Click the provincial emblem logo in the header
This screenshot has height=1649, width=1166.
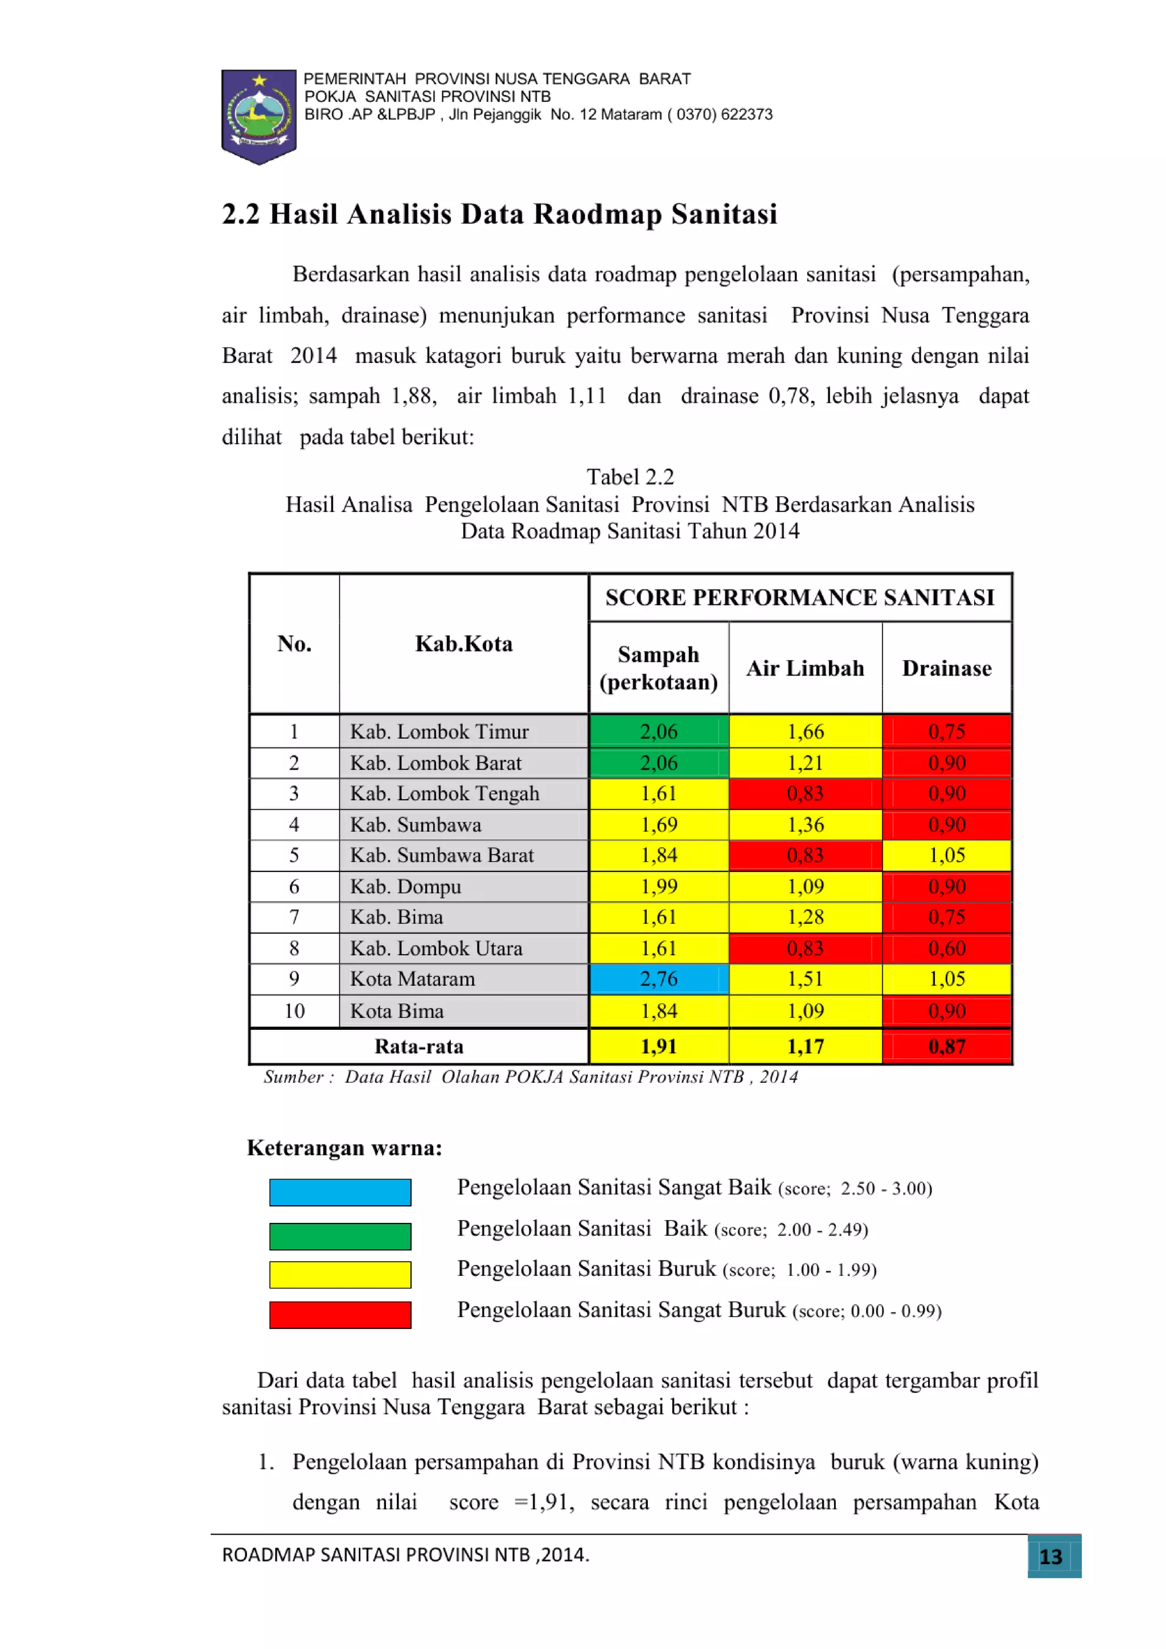tap(258, 116)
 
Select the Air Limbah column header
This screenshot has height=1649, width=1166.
tap(805, 668)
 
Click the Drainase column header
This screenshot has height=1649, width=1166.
tap(946, 668)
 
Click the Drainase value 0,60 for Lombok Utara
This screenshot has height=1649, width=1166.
tap(946, 948)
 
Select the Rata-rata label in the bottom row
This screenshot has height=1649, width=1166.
tap(418, 1046)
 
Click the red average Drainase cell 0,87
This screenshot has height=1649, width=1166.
tap(946, 1046)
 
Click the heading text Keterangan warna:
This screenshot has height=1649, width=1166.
tap(344, 1148)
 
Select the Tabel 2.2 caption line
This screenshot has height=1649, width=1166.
tap(630, 477)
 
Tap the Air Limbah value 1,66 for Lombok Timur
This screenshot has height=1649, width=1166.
tap(805, 731)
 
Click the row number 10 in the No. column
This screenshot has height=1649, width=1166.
tap(294, 1010)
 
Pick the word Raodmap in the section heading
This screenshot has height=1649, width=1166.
tap(597, 214)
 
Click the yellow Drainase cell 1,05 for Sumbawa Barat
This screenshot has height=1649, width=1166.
tap(946, 856)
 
